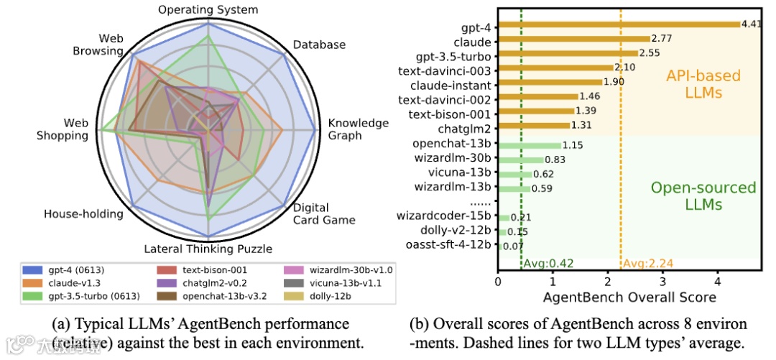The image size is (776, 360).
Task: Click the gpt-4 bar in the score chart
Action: [618, 24]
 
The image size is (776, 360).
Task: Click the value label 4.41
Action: [752, 24]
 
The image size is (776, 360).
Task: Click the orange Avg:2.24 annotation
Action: [644, 264]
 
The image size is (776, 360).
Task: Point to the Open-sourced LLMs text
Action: [703, 196]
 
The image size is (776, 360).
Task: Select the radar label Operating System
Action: [208, 10]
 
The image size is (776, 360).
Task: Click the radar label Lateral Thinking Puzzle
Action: [208, 249]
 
